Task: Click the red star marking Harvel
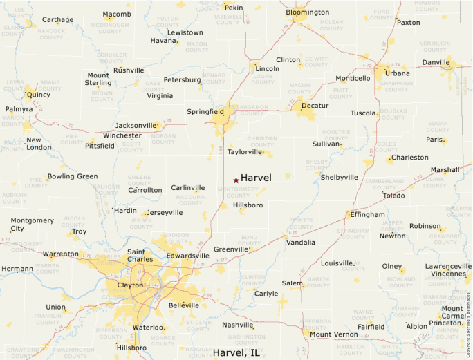click(x=236, y=180)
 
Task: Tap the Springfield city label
click(x=205, y=111)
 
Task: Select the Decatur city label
click(x=315, y=106)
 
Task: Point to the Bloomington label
click(x=307, y=12)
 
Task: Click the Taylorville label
click(x=245, y=151)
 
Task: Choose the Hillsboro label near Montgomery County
click(x=248, y=205)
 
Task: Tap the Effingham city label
click(x=367, y=215)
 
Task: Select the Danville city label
click(x=436, y=63)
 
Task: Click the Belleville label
click(x=184, y=305)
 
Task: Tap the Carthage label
click(x=57, y=20)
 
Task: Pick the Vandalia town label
click(x=301, y=243)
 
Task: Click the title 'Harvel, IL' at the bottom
click(x=236, y=352)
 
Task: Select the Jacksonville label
click(x=136, y=125)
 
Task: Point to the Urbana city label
click(x=397, y=73)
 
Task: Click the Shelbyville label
click(x=340, y=177)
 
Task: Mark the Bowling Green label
click(x=73, y=176)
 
